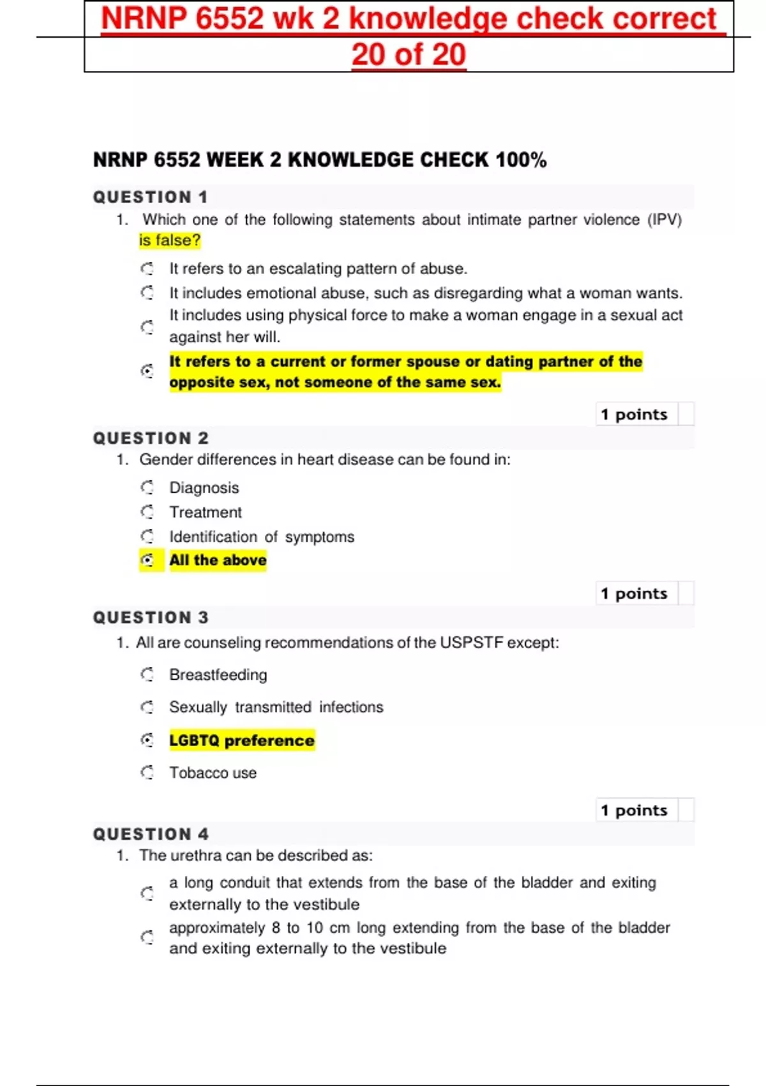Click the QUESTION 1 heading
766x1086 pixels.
pyautogui.click(x=150, y=197)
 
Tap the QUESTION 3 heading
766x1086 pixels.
pyautogui.click(x=151, y=618)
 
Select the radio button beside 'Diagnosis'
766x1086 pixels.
pyautogui.click(x=147, y=487)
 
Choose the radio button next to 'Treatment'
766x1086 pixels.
pyautogui.click(x=147, y=512)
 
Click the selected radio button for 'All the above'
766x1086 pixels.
pyautogui.click(x=147, y=560)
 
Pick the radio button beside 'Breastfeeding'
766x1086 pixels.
pyautogui.click(x=147, y=675)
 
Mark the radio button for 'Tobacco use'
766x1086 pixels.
pyautogui.click(x=147, y=772)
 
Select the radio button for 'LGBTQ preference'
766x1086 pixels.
pyautogui.click(x=147, y=740)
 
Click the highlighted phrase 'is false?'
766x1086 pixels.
pyautogui.click(x=170, y=240)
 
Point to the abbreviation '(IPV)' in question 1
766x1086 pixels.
pyautogui.click(x=665, y=220)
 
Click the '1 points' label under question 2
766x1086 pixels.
pyautogui.click(x=633, y=593)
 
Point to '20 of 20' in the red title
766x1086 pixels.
pyautogui.click(x=409, y=54)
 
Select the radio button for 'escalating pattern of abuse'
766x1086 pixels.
pyautogui.click(x=147, y=268)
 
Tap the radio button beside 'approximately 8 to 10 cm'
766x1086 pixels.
pyautogui.click(x=147, y=937)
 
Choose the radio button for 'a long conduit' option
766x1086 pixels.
pyautogui.click(x=147, y=893)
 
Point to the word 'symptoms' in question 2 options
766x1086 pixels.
pyautogui.click(x=319, y=537)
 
